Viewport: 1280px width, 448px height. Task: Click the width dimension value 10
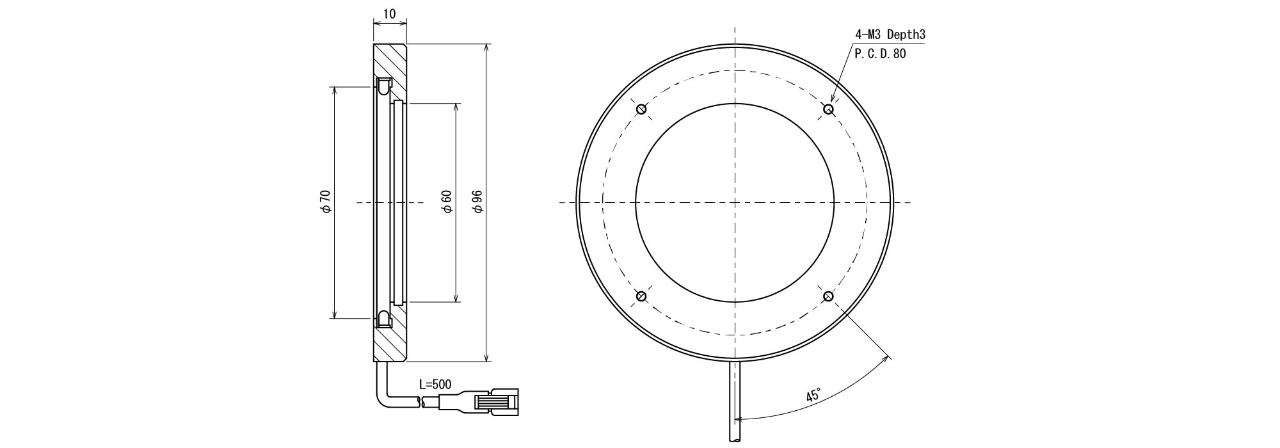389,14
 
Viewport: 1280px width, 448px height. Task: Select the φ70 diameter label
325,202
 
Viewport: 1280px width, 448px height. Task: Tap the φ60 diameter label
447,202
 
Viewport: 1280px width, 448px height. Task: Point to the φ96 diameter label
477,202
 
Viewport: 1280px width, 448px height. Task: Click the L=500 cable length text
435,385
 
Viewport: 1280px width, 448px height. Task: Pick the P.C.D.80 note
881,54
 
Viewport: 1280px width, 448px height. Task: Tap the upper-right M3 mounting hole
829,109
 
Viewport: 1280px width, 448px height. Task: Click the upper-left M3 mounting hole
641,109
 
